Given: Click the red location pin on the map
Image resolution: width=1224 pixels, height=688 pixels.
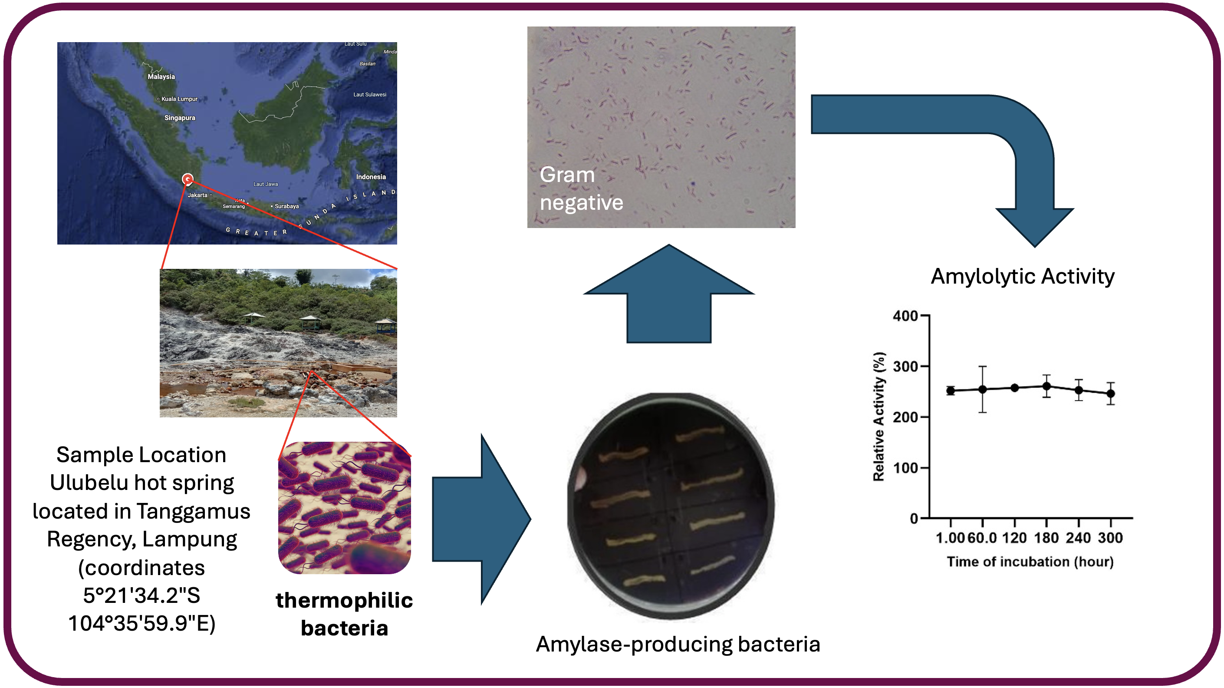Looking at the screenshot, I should coord(188,179).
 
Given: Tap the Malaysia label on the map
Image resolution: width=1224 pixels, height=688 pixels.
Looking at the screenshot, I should coord(161,76).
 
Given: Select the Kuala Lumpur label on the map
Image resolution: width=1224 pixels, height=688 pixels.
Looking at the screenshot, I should coord(179,99).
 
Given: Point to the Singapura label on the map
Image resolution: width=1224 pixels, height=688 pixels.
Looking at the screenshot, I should coord(180,118).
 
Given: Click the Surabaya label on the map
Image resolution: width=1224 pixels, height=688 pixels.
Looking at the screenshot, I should coord(286,206).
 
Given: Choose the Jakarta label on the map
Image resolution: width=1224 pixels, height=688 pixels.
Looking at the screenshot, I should coord(197,195).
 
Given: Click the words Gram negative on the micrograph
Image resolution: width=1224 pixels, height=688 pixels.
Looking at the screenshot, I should coord(581,188).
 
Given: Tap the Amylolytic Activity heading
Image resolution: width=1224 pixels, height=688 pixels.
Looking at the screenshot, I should coord(1022,276).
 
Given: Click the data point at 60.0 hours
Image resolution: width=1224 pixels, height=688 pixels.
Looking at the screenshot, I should coord(982,390).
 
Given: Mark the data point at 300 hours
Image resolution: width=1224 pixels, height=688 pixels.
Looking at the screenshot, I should coord(1110,394).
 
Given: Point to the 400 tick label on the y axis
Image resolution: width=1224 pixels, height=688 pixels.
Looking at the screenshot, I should coord(905,316).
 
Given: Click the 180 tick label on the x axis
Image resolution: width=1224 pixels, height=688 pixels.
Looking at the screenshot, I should coord(1046,538).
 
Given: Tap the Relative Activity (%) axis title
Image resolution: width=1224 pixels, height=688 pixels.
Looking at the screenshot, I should coord(879,417).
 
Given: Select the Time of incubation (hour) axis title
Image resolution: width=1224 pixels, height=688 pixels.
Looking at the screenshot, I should coord(1030,562).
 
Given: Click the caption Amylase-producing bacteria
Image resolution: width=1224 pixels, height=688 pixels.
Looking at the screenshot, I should coord(678,644).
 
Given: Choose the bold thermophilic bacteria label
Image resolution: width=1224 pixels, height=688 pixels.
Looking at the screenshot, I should coord(344,614).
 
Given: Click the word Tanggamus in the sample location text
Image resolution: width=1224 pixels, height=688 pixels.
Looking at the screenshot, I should coord(194,511).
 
